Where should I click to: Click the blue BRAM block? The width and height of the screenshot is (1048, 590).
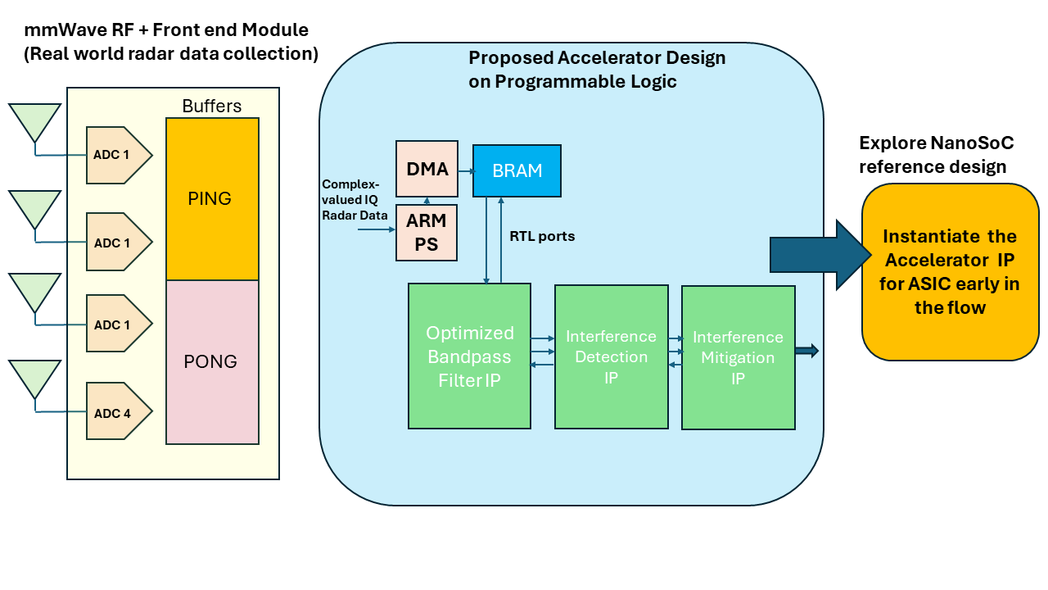click(x=517, y=171)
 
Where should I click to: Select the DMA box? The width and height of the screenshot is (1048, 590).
click(x=427, y=169)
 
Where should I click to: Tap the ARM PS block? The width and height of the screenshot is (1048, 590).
click(x=427, y=233)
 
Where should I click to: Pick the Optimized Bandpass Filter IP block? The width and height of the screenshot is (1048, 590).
click(x=469, y=356)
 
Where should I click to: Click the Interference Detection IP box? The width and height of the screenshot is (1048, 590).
click(x=612, y=356)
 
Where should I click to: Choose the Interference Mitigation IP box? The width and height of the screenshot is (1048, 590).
click(x=739, y=358)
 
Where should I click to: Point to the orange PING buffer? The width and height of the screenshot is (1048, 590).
click(x=212, y=199)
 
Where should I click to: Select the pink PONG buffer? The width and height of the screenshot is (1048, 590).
click(x=212, y=362)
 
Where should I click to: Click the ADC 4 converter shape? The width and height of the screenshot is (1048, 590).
click(x=120, y=411)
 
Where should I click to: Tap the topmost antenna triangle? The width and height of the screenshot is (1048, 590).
click(x=34, y=120)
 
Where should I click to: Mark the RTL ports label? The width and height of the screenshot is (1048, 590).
click(x=542, y=236)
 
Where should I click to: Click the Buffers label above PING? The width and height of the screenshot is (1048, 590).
click(x=212, y=107)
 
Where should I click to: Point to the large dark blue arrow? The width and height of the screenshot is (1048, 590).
click(x=820, y=255)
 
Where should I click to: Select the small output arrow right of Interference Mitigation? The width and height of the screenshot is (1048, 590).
click(x=807, y=351)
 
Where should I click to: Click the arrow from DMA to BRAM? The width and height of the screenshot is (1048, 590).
click(x=467, y=171)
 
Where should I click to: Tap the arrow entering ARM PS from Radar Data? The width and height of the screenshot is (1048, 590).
click(x=377, y=229)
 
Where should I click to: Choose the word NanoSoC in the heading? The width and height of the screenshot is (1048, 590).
click(x=972, y=143)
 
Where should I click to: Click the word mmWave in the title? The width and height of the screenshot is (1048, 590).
click(x=65, y=30)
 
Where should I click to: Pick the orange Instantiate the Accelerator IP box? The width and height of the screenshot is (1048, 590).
click(x=951, y=272)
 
